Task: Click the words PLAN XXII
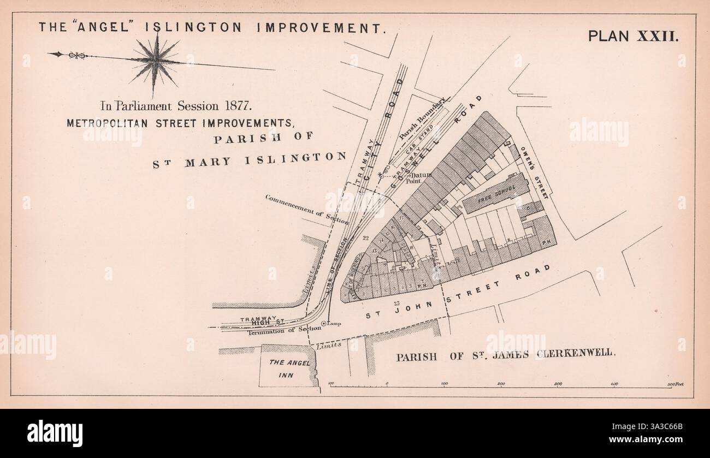coord(633,37)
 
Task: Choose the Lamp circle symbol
coord(324,324)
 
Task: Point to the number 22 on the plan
coord(366,239)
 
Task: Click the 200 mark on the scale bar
coord(501,384)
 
